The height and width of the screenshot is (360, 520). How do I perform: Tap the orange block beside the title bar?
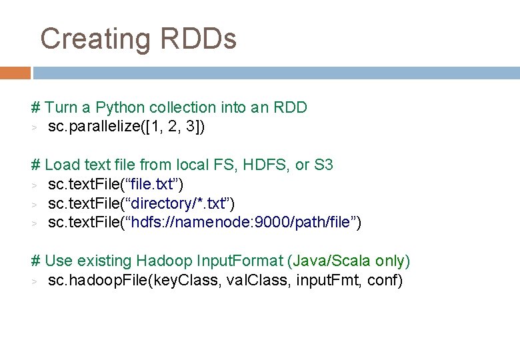click(x=15, y=72)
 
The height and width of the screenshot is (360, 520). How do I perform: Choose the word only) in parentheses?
click(x=393, y=261)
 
